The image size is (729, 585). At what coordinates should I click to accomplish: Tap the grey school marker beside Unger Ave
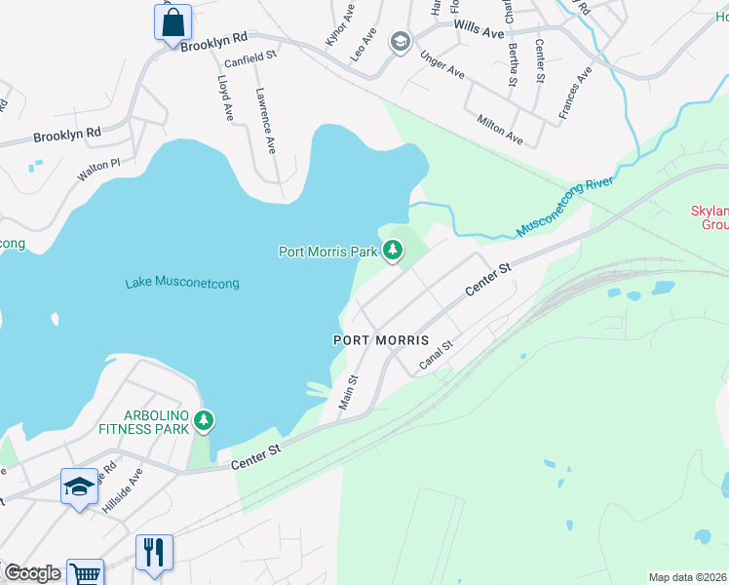pyautogui.click(x=399, y=42)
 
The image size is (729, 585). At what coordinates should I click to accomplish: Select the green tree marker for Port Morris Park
pyautogui.click(x=392, y=252)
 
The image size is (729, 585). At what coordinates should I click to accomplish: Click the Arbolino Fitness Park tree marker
pyautogui.click(x=203, y=421)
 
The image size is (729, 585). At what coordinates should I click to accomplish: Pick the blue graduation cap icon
pyautogui.click(x=79, y=487)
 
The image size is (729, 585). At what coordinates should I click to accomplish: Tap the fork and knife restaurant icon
pyautogui.click(x=154, y=552)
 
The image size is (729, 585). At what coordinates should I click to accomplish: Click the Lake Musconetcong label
pyautogui.click(x=182, y=284)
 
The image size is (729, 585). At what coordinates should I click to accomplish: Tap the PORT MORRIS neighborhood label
pyautogui.click(x=380, y=340)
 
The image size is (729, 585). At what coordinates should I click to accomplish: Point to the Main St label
pyautogui.click(x=347, y=392)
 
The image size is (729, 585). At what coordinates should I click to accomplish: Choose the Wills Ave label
pyautogui.click(x=480, y=32)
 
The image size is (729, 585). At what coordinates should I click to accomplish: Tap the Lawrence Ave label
pyautogui.click(x=265, y=122)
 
